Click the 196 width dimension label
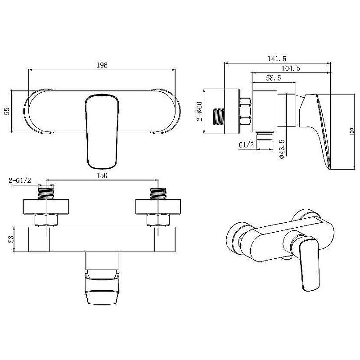click(102, 65)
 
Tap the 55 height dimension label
click(7, 111)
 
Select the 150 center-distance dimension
click(102, 175)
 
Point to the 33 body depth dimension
click(11, 239)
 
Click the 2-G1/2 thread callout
click(20, 180)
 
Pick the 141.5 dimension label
click(277, 58)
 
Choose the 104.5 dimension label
click(291, 68)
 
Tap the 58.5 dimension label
click(274, 78)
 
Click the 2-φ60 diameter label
click(199, 111)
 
